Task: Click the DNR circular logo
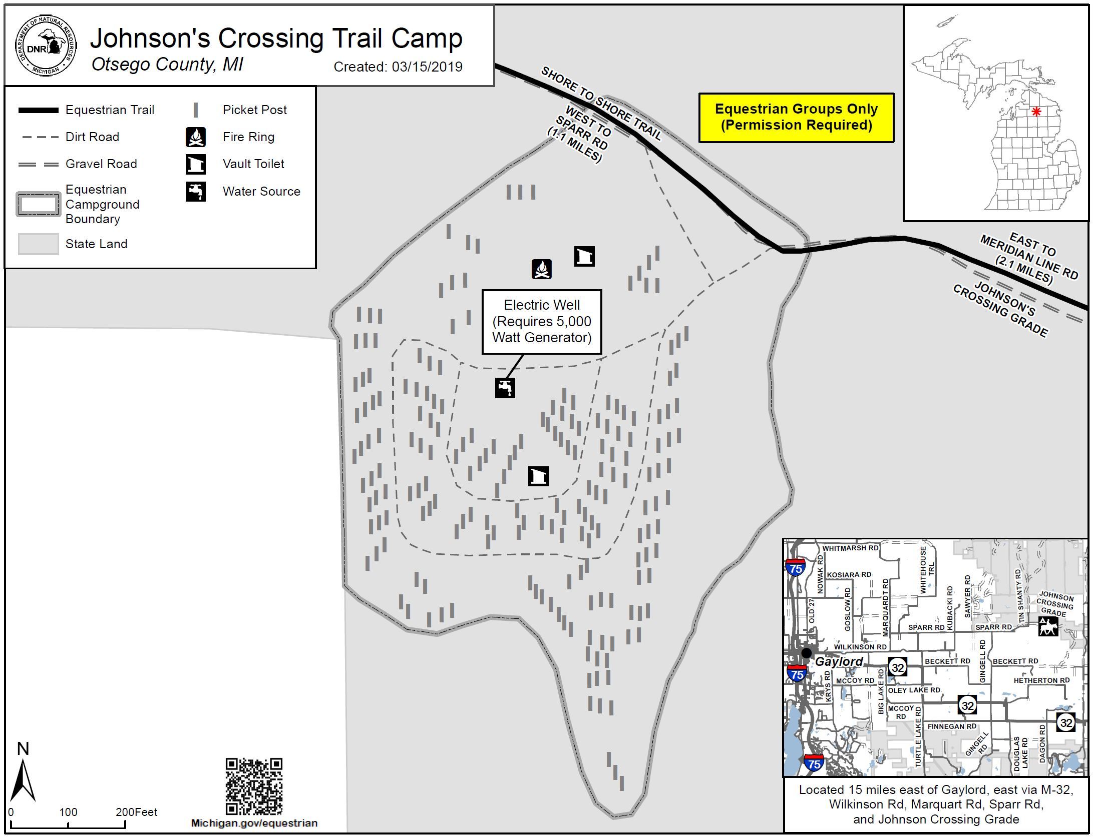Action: [46, 46]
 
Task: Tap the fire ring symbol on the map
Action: [541, 269]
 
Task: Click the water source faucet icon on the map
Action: [505, 388]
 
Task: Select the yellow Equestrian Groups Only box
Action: [796, 118]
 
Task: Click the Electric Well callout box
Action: [541, 321]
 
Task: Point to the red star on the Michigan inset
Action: [1036, 112]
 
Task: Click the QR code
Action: [254, 786]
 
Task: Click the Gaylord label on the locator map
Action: [839, 661]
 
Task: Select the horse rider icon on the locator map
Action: [1048, 626]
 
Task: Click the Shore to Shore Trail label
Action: [601, 104]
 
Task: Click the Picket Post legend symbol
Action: [196, 110]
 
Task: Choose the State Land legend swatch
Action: [38, 244]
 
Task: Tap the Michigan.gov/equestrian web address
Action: [254, 823]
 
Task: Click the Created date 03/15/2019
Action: [398, 67]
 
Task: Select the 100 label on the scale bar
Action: [68, 812]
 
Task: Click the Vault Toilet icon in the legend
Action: [196, 164]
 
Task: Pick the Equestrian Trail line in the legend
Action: [38, 110]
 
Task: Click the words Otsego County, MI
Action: [167, 65]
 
